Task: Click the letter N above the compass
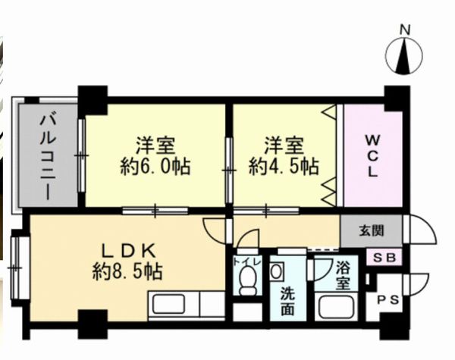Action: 406,30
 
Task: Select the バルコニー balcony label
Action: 48,157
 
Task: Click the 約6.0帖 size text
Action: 155,167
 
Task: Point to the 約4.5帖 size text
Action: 284,167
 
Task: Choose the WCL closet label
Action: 372,156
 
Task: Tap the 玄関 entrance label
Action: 372,231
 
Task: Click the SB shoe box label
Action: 384,258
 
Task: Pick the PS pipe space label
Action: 388,299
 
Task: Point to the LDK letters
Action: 129,251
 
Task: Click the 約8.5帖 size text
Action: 127,271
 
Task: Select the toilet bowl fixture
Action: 247,280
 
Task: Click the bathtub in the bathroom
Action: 337,308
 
